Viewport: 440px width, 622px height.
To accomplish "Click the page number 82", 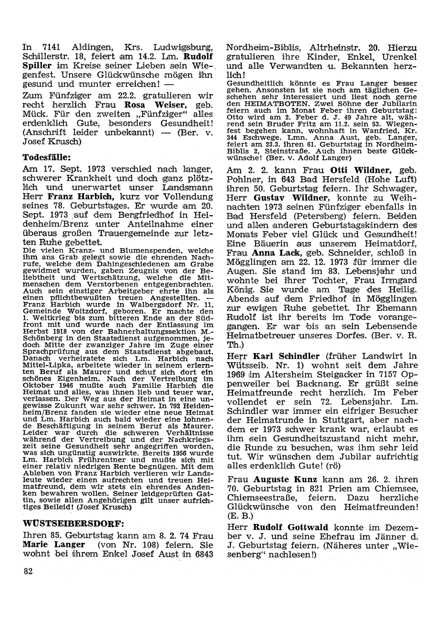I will (28, 571).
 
